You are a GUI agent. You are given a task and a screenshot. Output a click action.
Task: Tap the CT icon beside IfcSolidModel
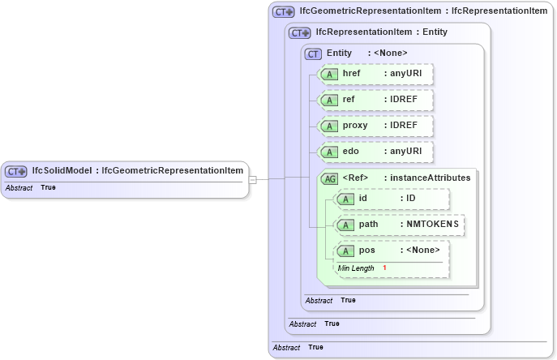point(16,171)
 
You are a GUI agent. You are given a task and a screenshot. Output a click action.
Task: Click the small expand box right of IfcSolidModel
point(253,179)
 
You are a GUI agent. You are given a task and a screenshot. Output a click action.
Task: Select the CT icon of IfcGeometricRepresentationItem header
point(283,11)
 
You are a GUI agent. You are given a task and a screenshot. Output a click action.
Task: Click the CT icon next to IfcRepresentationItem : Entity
point(300,32)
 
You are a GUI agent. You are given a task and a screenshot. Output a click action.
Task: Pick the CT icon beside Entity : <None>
point(314,54)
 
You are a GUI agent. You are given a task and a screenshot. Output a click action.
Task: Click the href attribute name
point(352,74)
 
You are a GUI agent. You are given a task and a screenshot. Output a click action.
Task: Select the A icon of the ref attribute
point(330,101)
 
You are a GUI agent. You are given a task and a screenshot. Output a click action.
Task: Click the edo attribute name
point(351,152)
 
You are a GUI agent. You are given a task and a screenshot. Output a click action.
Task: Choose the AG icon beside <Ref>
point(330,178)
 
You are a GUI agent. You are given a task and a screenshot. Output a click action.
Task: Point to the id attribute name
point(363,199)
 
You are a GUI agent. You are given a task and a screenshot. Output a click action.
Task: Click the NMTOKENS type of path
point(432,224)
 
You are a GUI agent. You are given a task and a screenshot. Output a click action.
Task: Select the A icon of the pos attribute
point(346,251)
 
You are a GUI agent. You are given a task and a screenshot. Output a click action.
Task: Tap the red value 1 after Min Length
point(384,268)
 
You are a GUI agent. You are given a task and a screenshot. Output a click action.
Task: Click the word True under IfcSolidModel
point(49,187)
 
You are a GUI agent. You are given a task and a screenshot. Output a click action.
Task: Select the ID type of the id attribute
point(410,199)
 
